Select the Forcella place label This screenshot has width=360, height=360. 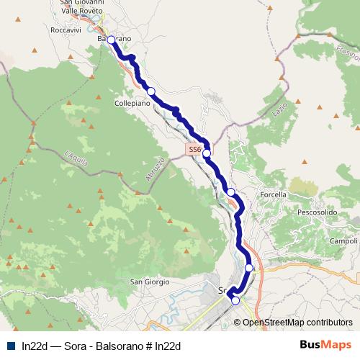(x=273, y=194)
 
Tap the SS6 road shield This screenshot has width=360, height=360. (x=193, y=149)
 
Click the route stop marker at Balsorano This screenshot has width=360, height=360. (x=111, y=40)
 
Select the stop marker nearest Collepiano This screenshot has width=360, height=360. (x=150, y=91)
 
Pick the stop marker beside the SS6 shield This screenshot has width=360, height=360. (x=207, y=153)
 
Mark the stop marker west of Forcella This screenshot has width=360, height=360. (x=231, y=192)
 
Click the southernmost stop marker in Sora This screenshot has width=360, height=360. (x=235, y=301)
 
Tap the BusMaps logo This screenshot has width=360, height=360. (x=325, y=345)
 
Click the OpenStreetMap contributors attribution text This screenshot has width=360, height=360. (x=297, y=323)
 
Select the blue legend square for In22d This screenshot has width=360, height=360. (x=11, y=346)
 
